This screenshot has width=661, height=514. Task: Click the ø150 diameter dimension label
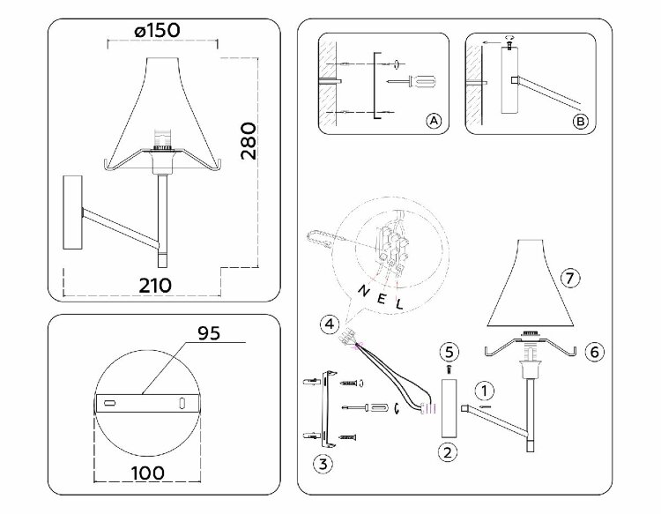point(158,29)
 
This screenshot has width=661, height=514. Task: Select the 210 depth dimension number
point(153,285)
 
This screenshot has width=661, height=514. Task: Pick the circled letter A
point(432,122)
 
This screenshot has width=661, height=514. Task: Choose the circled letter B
point(579,122)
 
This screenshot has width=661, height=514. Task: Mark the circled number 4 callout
point(327,324)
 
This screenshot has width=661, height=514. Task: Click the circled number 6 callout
point(595,351)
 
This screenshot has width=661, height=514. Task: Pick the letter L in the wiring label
point(399,304)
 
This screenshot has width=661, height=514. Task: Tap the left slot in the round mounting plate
point(110,403)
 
